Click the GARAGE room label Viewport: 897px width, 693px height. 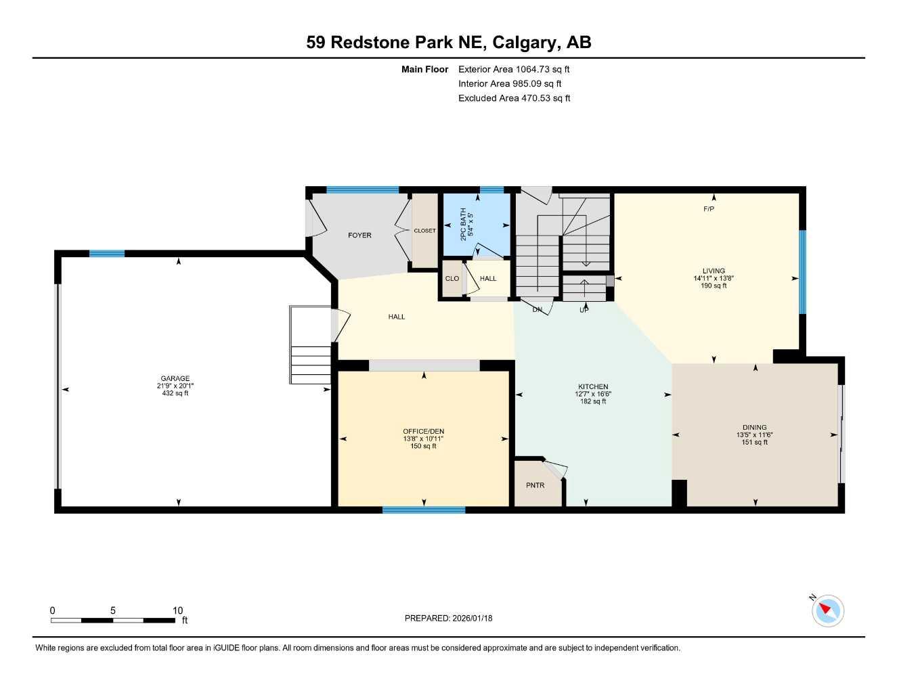tap(175, 378)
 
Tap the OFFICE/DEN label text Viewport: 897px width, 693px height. tap(423, 431)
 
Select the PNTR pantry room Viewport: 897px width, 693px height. tap(535, 485)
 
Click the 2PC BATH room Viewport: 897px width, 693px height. tap(475, 225)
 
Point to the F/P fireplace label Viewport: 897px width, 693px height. tap(708, 209)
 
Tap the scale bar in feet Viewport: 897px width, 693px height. tap(113, 620)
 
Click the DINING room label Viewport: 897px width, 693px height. tap(754, 427)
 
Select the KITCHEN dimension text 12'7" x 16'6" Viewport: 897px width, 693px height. tap(593, 394)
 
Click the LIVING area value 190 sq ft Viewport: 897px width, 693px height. tap(714, 286)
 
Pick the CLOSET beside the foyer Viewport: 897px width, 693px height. tap(424, 231)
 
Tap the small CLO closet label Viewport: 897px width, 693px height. tap(452, 278)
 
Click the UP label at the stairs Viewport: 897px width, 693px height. tap(584, 310)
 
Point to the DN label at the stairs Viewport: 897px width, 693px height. tap(538, 310)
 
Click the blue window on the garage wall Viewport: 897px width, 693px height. tap(107, 254)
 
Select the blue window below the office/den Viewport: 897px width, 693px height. tap(423, 510)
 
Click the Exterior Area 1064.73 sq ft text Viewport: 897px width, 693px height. tap(514, 69)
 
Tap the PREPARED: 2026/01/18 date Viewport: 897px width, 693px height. tap(448, 618)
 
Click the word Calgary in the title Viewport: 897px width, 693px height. tap(525, 42)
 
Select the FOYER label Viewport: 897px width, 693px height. tap(359, 236)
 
